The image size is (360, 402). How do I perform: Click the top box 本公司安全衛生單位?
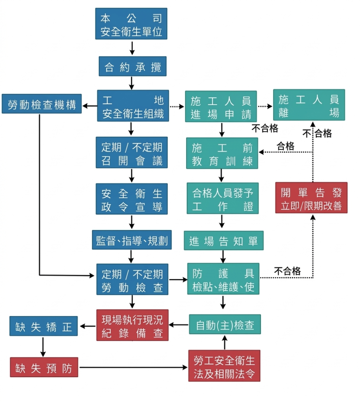click(131, 24)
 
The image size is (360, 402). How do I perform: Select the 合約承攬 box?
click(132, 67)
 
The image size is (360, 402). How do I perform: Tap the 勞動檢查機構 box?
click(42, 104)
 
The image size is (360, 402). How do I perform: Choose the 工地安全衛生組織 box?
click(133, 106)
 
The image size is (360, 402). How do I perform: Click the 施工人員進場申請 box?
click(221, 106)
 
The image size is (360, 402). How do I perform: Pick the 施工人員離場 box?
click(309, 105)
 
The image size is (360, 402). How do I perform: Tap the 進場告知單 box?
click(224, 241)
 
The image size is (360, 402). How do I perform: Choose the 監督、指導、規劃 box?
click(132, 240)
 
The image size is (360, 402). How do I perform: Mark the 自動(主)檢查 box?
click(225, 324)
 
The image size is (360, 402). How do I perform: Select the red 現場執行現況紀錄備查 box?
click(132, 325)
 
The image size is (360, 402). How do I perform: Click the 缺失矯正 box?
click(44, 326)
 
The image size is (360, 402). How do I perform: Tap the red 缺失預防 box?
click(44, 367)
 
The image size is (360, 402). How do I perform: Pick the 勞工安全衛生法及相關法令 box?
click(224, 366)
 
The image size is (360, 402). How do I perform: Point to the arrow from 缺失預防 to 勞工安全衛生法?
click(133, 367)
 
